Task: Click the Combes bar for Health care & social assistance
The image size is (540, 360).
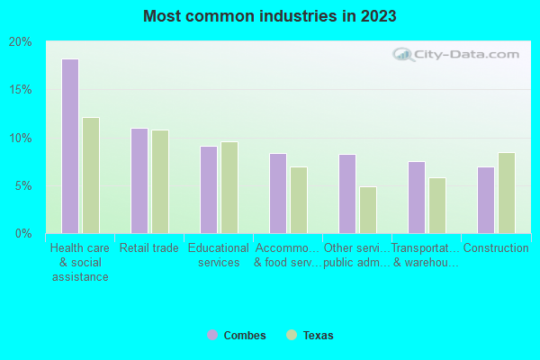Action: (x=70, y=146)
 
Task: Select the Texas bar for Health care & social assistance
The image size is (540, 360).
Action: (x=91, y=175)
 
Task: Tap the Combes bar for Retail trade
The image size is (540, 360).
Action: (x=139, y=181)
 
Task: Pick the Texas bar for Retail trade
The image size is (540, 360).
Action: (x=160, y=182)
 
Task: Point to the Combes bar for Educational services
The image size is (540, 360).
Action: (x=209, y=190)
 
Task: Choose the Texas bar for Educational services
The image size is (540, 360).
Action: (x=229, y=187)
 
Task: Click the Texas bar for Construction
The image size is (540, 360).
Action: (x=507, y=193)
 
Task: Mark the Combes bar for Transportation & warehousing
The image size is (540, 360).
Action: (x=417, y=197)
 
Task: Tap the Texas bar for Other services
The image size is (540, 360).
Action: (x=368, y=210)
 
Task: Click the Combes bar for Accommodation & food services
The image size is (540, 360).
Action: (x=278, y=193)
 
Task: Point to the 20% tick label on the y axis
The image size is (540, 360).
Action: (x=21, y=42)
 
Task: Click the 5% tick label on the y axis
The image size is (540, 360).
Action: (x=23, y=186)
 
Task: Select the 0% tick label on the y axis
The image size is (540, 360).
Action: (x=23, y=234)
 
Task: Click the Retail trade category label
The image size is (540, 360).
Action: (x=149, y=248)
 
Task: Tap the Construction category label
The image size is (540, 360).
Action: (x=496, y=248)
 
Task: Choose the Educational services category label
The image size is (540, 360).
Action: (x=219, y=256)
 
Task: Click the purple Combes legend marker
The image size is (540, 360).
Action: (x=212, y=336)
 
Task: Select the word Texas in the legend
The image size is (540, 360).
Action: (x=318, y=336)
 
